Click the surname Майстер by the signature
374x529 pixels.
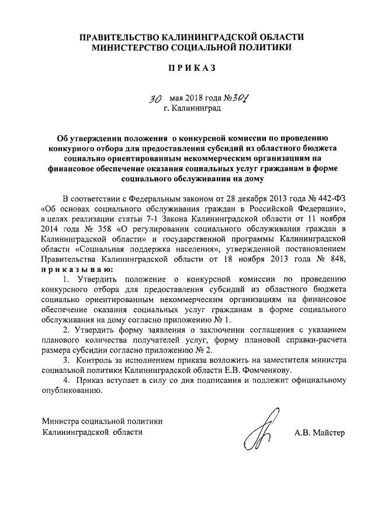pyautogui.click(x=330, y=433)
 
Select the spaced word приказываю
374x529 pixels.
pyautogui.click(x=74, y=270)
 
